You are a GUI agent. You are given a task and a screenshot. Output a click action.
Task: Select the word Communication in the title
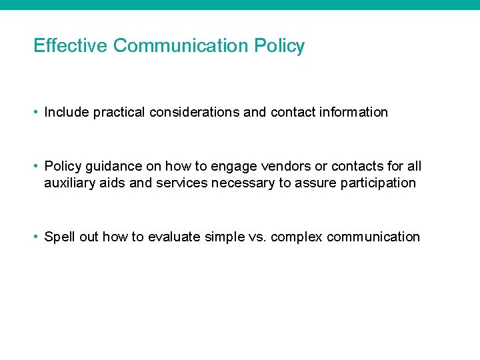pyautogui.click(x=181, y=46)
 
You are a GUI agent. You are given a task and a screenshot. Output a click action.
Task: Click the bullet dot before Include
pyautogui.click(x=37, y=112)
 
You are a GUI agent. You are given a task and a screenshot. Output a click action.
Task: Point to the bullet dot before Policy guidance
pyautogui.click(x=37, y=166)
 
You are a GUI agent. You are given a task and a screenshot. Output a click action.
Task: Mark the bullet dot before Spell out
pyautogui.click(x=37, y=237)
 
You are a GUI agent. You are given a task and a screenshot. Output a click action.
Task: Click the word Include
pyautogui.click(x=67, y=112)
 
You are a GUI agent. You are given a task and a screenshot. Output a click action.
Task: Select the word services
pyautogui.click(x=182, y=183)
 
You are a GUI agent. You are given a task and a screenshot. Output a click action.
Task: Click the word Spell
pyautogui.click(x=59, y=237)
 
